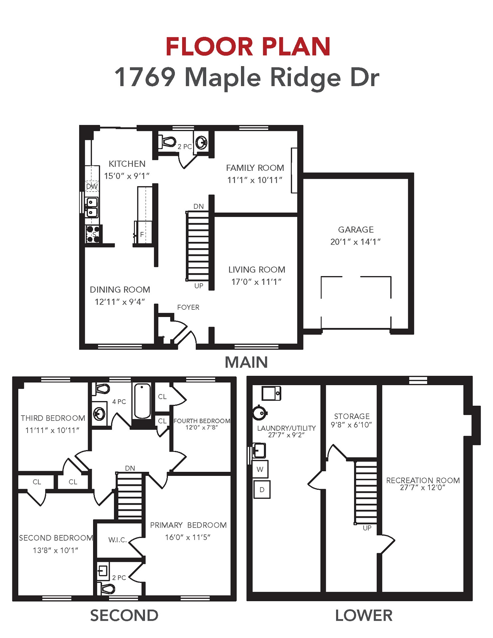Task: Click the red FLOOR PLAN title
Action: point(248,47)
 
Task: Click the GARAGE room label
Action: point(356,230)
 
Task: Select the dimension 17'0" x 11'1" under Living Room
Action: point(256,282)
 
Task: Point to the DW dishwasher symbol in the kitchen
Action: point(92,186)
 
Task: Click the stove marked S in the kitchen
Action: point(93,234)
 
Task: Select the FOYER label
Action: point(188,307)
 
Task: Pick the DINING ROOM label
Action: point(120,290)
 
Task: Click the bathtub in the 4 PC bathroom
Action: point(142,401)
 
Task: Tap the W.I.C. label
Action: point(118,540)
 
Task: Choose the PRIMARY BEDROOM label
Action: point(188,525)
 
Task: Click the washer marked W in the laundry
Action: point(260,469)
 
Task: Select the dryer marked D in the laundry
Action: point(262,489)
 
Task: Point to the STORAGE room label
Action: point(352,416)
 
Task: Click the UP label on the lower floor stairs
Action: point(367,528)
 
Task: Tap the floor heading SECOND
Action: point(124,615)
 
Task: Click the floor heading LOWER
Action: point(364,615)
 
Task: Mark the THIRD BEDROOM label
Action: point(53,418)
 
